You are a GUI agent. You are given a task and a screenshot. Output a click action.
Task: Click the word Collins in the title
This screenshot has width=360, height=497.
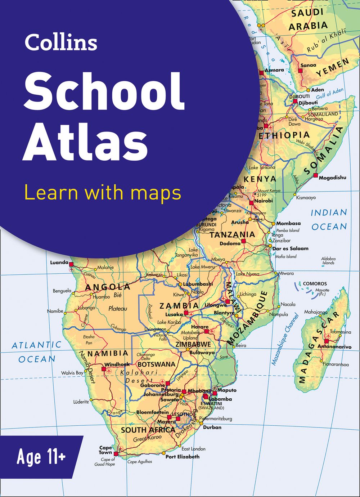(x=61, y=42)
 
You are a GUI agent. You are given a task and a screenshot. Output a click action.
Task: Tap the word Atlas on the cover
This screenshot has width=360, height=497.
(x=85, y=142)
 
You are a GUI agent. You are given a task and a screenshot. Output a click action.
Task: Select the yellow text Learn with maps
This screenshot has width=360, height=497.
(x=102, y=192)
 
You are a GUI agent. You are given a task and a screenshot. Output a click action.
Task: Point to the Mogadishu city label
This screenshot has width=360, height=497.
(x=333, y=178)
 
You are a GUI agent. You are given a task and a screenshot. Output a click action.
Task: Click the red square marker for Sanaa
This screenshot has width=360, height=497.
(x=301, y=71)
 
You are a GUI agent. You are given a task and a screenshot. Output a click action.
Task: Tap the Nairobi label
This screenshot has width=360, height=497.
(x=264, y=201)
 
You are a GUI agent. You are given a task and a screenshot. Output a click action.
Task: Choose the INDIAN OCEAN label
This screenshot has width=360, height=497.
(x=329, y=219)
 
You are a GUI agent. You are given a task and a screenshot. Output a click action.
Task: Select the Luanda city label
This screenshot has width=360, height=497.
(x=59, y=263)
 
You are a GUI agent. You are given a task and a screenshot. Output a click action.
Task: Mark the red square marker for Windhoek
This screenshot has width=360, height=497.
(x=104, y=369)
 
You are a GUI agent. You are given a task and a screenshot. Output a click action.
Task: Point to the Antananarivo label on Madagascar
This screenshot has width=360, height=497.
(x=334, y=347)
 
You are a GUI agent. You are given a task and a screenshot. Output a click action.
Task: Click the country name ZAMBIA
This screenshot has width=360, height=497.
(x=179, y=306)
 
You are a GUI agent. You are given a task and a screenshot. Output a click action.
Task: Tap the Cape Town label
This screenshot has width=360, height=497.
(x=105, y=450)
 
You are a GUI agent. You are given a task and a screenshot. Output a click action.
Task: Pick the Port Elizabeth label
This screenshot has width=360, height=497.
(x=182, y=457)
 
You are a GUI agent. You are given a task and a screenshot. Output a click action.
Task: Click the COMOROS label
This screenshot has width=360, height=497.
(x=315, y=284)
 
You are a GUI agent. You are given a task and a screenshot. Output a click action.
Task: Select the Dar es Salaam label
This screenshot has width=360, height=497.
(x=290, y=248)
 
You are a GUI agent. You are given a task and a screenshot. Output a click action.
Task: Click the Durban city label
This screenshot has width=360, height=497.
(x=212, y=427)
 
